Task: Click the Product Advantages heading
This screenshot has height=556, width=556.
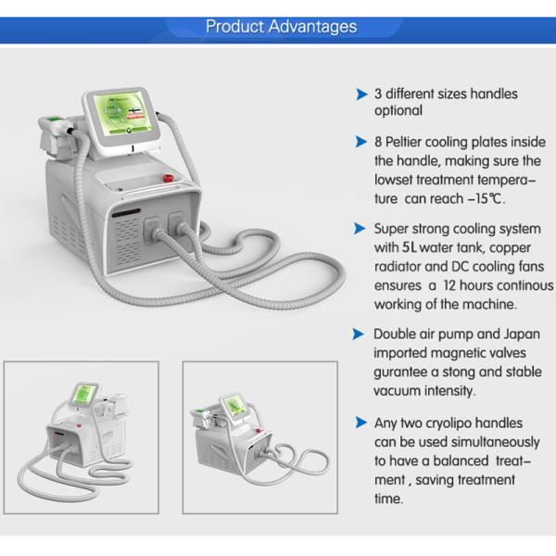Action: (280, 26)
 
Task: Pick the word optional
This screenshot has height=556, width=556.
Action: (398, 111)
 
